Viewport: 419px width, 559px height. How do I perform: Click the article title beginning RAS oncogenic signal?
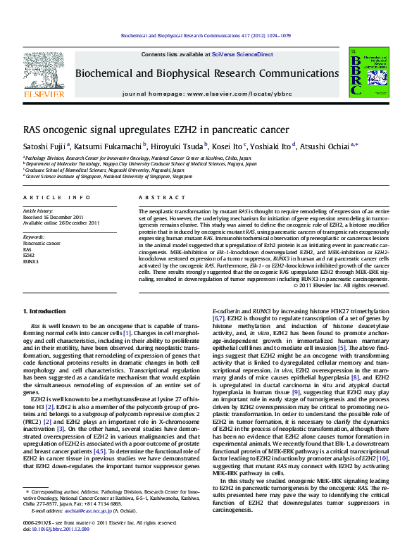pyautogui.click(x=146, y=130)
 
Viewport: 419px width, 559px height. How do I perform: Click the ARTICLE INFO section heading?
pyautogui.click(x=57, y=198)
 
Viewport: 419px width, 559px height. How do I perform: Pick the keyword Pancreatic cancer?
pyautogui.click(x=42, y=244)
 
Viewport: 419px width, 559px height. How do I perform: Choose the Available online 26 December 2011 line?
pyautogui.click(x=62, y=223)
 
